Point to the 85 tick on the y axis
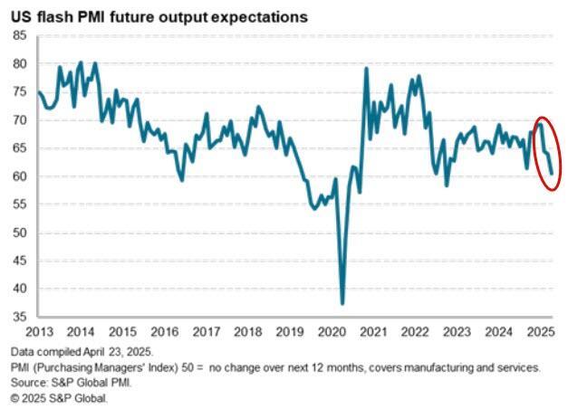[x=20, y=35]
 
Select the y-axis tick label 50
[x=20, y=233]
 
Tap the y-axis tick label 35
[x=20, y=318]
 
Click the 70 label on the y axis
[x=20, y=119]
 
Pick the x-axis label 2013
[x=38, y=332]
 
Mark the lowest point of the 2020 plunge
[x=342, y=303]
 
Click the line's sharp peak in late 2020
[x=367, y=69]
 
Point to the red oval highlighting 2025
[x=545, y=154]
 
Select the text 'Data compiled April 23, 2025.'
[x=83, y=350]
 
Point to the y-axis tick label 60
[x=20, y=176]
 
